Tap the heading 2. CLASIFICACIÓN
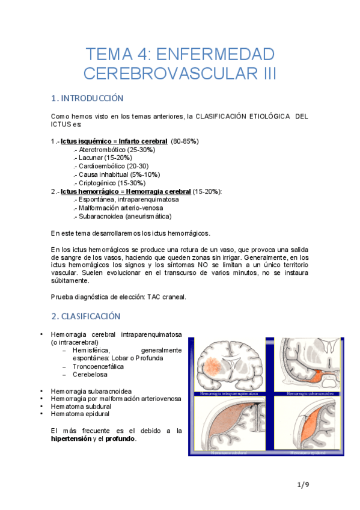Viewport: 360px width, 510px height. point(87,316)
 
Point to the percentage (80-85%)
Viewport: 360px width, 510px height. point(185,141)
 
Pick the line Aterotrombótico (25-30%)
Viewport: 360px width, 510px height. point(114,149)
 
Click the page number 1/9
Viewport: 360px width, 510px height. point(303,484)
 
